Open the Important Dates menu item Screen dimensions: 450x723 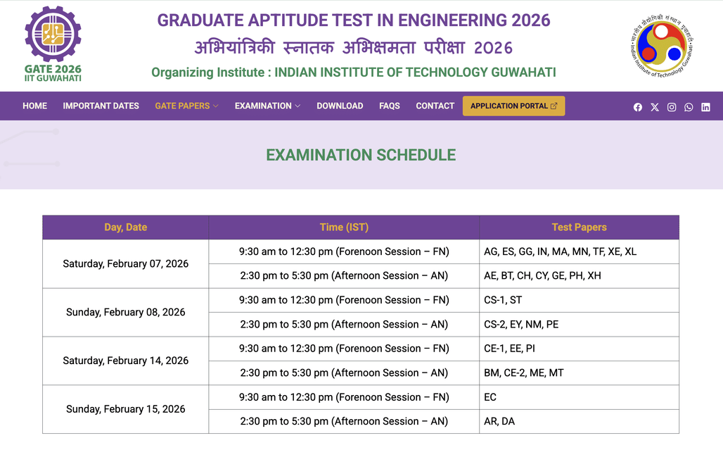click(x=101, y=106)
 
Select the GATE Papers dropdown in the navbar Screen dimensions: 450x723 click(x=186, y=106)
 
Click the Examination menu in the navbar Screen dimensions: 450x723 click(x=267, y=106)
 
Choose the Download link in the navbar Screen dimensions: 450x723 click(x=340, y=106)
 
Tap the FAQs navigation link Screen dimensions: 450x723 click(x=389, y=106)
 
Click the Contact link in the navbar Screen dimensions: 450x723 click(x=435, y=106)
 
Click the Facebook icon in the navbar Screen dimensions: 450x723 click(x=638, y=107)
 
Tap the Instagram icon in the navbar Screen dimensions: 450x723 click(x=672, y=107)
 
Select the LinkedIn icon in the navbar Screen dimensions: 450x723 click(x=705, y=107)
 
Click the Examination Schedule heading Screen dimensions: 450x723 click(x=361, y=155)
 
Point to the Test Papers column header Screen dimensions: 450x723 click(x=579, y=227)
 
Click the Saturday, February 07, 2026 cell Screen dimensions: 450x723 click(x=126, y=263)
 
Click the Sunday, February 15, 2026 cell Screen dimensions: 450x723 click(x=126, y=409)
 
